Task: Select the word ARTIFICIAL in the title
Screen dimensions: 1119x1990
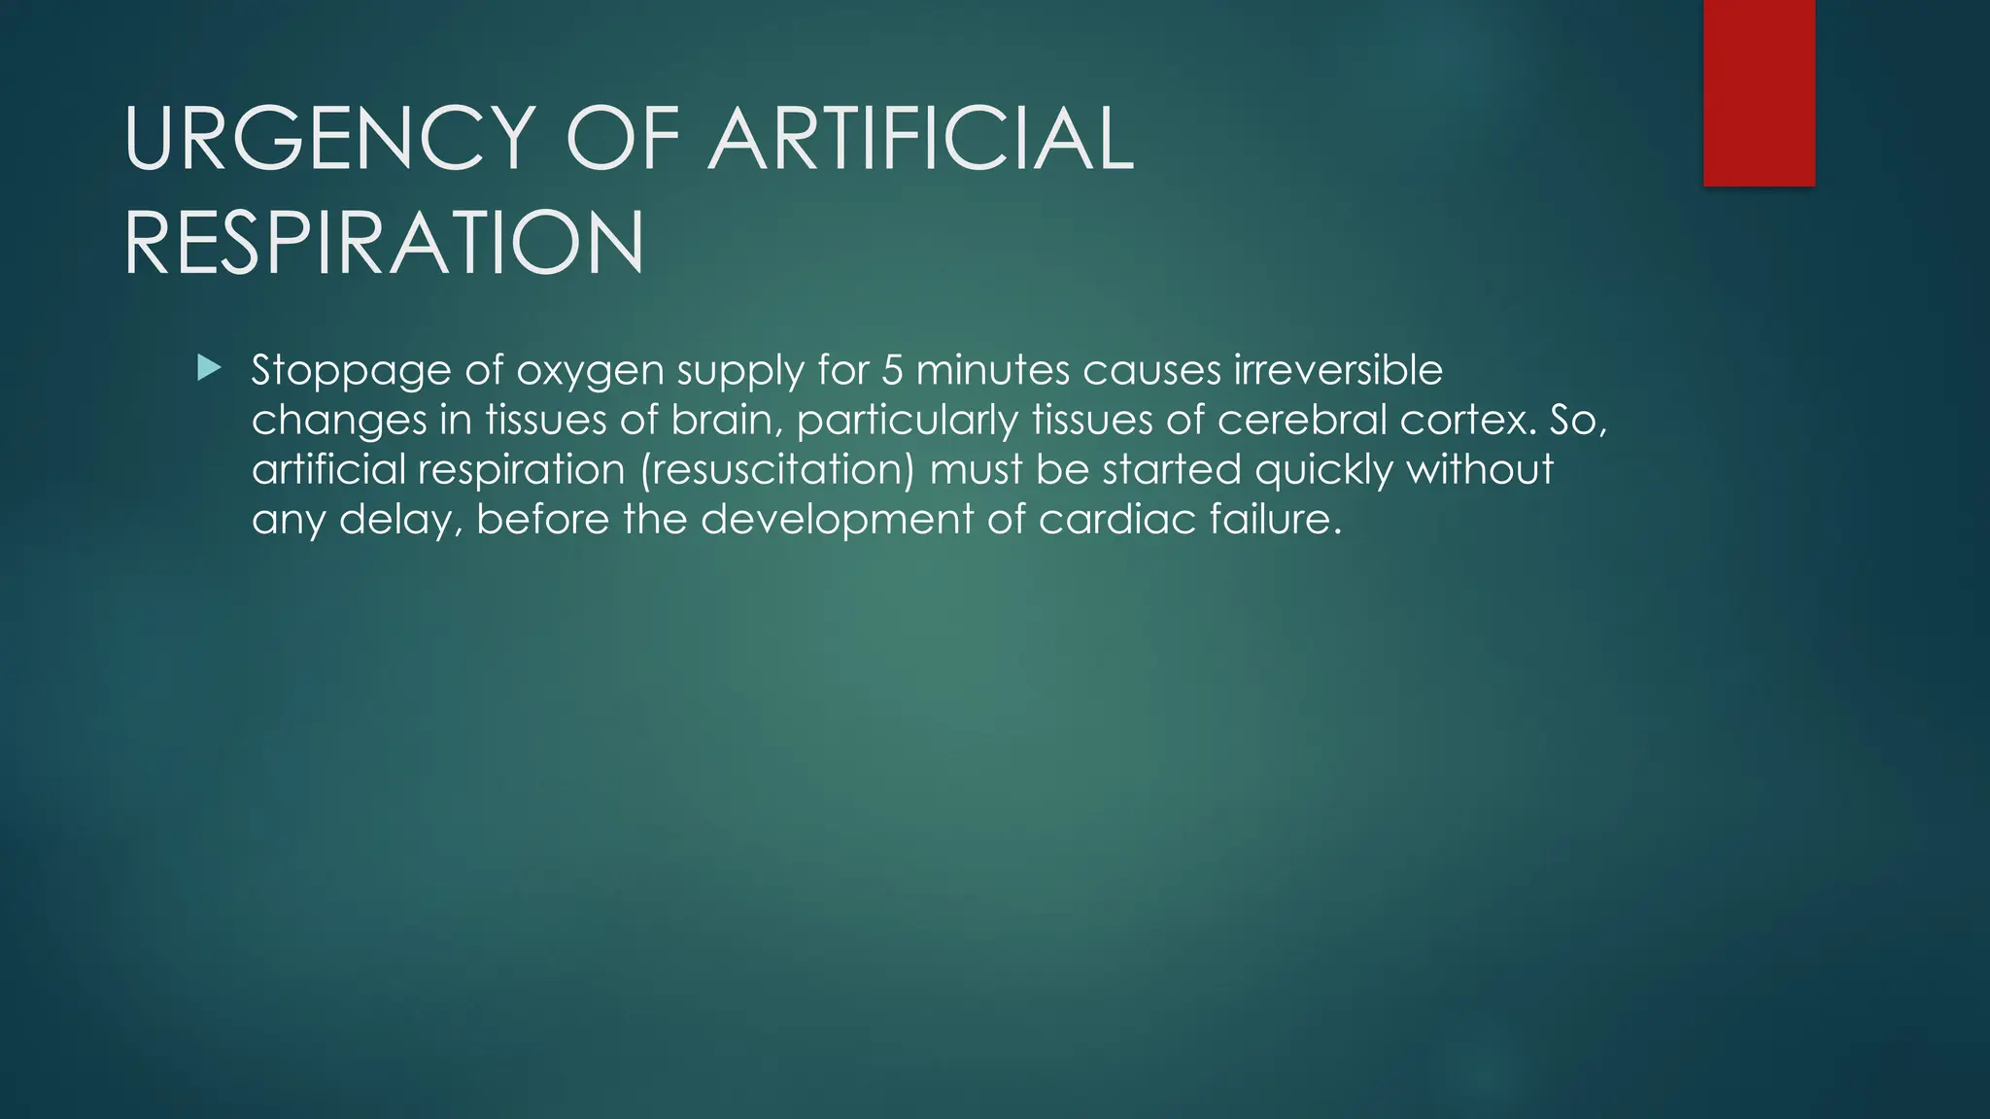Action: pos(922,139)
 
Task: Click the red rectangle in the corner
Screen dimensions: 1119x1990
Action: pos(1759,93)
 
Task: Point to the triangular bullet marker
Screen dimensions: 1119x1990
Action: pos(209,368)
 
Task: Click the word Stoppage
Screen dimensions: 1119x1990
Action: pos(351,370)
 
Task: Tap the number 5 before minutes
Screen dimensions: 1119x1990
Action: pos(892,370)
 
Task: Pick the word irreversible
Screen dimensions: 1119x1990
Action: pos(1339,370)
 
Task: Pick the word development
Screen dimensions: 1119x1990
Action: pos(837,521)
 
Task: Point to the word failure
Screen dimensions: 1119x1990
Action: pos(1275,519)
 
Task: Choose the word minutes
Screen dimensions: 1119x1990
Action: pos(992,370)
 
